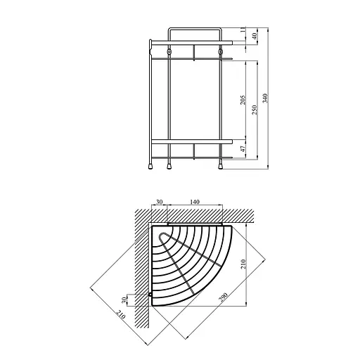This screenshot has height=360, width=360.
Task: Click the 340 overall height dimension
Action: [264, 98]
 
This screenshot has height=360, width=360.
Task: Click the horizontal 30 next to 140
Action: [159, 202]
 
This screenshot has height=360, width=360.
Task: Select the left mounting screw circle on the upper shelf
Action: [170, 53]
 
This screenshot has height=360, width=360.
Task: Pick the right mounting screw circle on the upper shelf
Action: [220, 53]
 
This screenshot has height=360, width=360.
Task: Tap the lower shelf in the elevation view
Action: [193, 141]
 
